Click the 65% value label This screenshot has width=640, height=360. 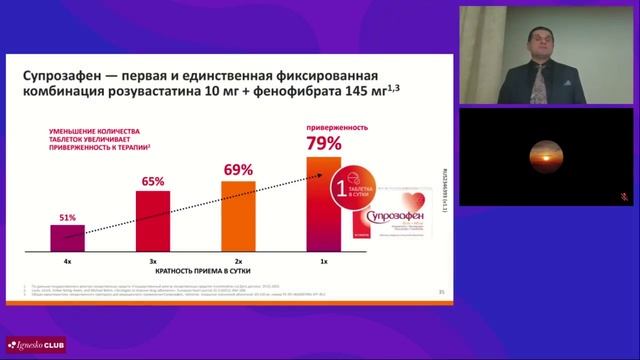click(x=153, y=181)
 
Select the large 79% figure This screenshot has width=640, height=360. click(x=323, y=146)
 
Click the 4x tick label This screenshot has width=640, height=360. click(x=68, y=260)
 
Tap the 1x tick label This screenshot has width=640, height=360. click(x=324, y=260)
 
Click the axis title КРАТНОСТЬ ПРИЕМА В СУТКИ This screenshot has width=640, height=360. click(x=196, y=272)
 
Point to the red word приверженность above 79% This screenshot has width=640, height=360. click(x=323, y=128)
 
